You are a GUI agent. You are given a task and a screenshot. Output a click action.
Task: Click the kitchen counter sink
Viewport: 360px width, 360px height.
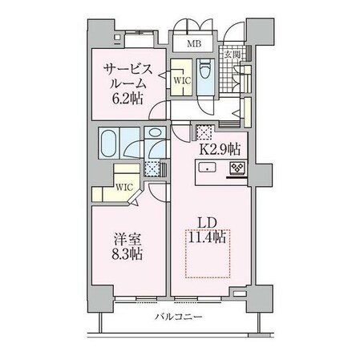(x=207, y=168)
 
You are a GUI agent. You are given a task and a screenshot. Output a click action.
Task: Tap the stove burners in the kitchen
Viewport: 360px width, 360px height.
(x=238, y=168)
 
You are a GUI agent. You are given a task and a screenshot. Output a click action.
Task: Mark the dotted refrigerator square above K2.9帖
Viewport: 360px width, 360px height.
(x=204, y=133)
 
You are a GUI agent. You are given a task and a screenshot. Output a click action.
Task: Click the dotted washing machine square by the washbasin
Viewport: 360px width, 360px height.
(x=152, y=168)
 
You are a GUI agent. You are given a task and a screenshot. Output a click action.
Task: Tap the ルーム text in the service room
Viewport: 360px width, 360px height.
(x=128, y=83)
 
